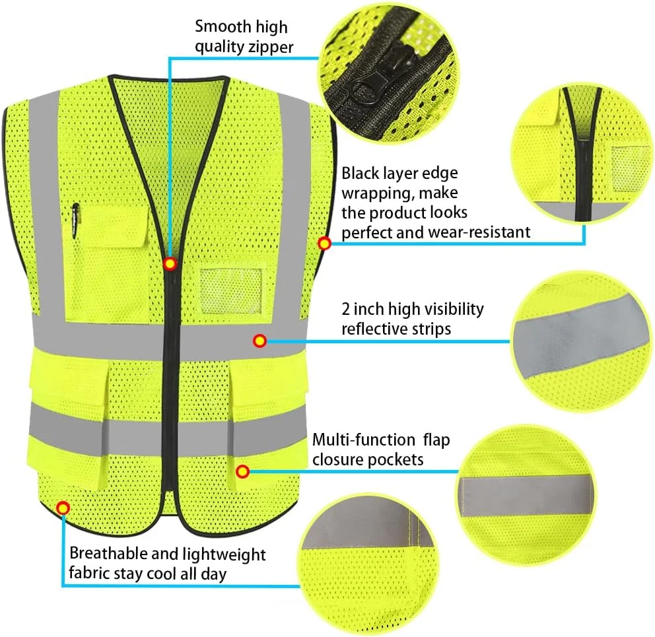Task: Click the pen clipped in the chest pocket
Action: coord(75,220)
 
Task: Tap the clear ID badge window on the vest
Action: coord(231,291)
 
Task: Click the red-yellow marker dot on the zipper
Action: coord(170,263)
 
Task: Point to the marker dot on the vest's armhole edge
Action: coord(325,243)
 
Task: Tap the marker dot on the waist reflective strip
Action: coord(260,341)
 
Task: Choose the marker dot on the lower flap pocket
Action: coord(243,471)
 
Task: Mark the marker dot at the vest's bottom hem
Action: coord(63,508)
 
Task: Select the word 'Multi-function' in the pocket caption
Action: coord(364,440)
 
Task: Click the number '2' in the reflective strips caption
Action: coord(346,309)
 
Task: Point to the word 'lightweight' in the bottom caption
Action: coord(224,555)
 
